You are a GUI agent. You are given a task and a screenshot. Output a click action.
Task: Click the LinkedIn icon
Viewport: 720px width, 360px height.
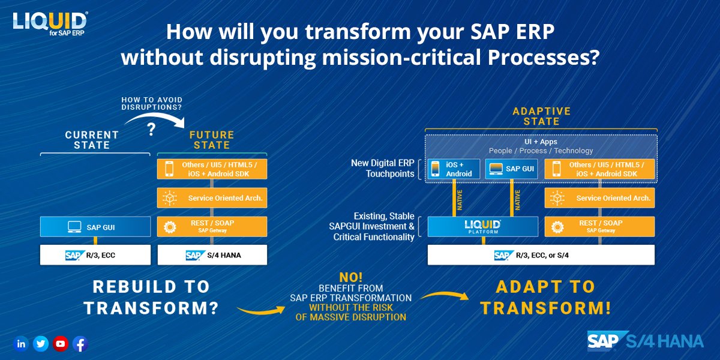click(21, 344)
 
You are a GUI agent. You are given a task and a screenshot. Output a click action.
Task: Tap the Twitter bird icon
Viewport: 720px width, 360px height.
click(41, 344)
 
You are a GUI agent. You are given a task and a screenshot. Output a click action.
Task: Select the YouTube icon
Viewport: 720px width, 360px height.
click(61, 344)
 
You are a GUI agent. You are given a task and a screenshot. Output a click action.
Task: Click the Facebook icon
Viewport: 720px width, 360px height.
click(80, 344)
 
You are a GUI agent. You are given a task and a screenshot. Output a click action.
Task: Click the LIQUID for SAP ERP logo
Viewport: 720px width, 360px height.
click(50, 24)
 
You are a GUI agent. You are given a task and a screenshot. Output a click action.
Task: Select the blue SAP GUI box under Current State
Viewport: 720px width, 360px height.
click(95, 227)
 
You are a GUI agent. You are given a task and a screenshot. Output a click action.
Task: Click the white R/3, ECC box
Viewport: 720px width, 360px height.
click(95, 255)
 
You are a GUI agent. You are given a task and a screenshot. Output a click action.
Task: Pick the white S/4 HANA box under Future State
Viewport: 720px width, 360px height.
click(212, 255)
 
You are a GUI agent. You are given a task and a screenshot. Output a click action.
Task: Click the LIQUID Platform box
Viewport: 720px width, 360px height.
click(483, 227)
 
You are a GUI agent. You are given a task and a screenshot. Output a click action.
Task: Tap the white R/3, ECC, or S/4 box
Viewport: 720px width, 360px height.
click(541, 255)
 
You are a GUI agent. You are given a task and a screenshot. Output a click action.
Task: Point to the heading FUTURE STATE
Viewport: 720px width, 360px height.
click(212, 140)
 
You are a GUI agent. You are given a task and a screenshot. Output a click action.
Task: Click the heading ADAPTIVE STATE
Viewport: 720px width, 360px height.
click(541, 116)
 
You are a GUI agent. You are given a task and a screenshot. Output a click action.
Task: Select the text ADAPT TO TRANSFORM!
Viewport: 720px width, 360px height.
click(545, 297)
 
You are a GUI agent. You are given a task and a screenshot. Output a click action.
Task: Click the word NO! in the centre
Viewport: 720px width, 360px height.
click(350, 277)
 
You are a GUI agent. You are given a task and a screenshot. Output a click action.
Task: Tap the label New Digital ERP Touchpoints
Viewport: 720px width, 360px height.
click(382, 169)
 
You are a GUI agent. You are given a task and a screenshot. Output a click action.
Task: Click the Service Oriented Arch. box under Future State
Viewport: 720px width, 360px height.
click(212, 198)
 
